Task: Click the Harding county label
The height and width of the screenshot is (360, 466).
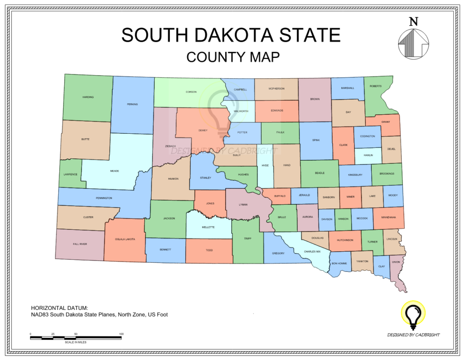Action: [88, 97]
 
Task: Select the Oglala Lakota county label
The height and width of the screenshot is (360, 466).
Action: [125, 239]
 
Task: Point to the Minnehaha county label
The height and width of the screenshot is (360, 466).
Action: [388, 218]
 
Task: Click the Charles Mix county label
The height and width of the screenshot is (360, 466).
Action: [312, 251]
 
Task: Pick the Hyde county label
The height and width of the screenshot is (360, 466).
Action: [265, 165]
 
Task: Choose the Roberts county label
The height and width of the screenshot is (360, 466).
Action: [375, 86]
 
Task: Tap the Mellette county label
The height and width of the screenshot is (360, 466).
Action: [208, 227]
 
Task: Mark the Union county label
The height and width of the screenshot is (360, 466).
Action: [395, 262]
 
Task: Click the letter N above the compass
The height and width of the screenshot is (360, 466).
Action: [413, 21]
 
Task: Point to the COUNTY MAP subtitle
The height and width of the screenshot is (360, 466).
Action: [233, 57]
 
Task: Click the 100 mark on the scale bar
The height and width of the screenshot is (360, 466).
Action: [121, 335]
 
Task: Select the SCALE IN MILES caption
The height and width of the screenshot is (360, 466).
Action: [76, 342]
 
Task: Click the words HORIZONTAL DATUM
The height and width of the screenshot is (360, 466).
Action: [59, 307]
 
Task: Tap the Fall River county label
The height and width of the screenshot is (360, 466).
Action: [80, 244]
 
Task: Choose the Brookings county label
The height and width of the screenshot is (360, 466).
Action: [387, 174]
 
